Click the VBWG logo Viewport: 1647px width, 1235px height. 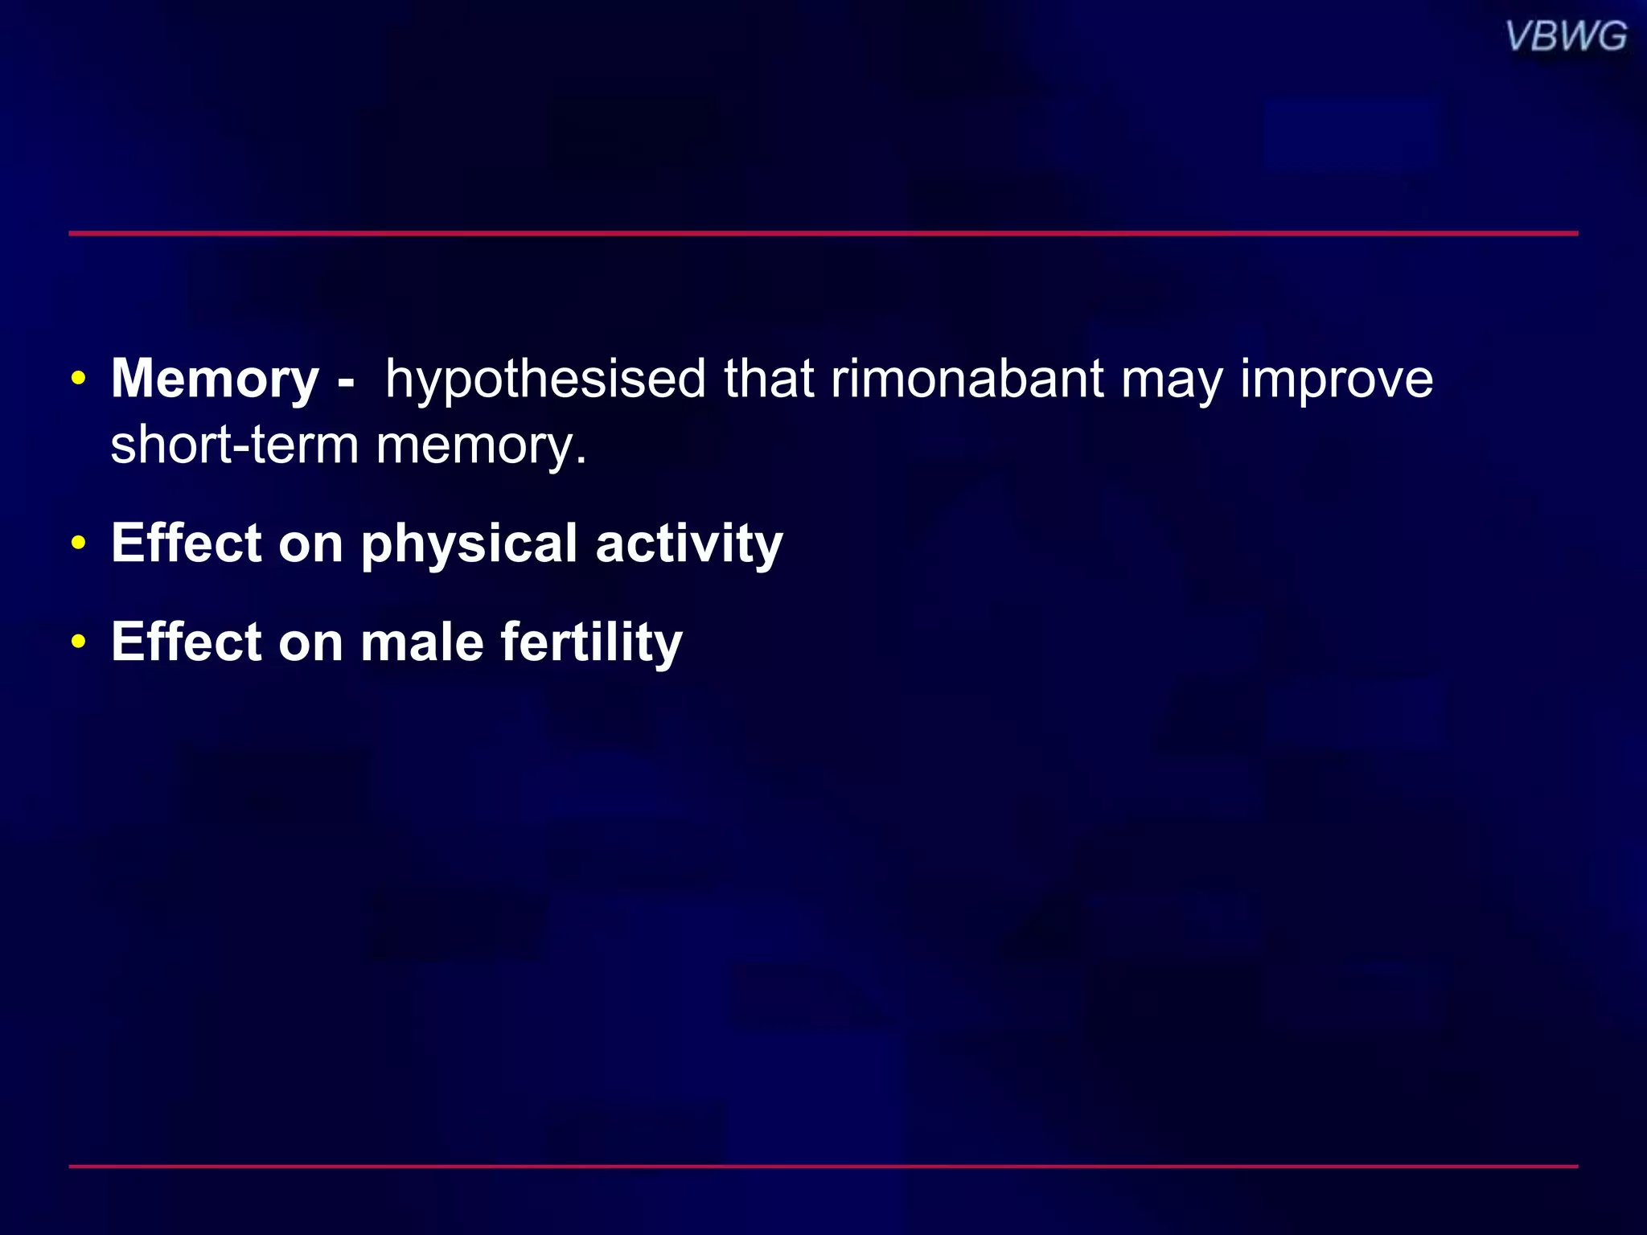[1565, 37]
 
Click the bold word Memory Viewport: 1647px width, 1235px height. [215, 380]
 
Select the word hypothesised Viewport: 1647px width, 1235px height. [545, 380]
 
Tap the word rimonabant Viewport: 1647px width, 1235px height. [967, 380]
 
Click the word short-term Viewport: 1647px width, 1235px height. [234, 445]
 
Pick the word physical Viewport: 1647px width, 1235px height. [469, 545]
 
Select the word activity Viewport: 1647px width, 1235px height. [689, 545]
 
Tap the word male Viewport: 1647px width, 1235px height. [421, 642]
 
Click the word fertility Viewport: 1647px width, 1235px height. [591, 644]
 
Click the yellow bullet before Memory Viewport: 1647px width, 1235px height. [78, 379]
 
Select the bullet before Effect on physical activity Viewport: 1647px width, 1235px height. [78, 544]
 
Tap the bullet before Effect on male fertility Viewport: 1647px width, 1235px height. [78, 642]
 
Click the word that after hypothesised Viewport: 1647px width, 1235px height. [769, 380]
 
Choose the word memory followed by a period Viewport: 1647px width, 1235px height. [480, 447]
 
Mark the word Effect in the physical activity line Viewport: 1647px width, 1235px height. [187, 544]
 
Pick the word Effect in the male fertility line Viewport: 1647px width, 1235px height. [187, 642]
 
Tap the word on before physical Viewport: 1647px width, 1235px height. [311, 545]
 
